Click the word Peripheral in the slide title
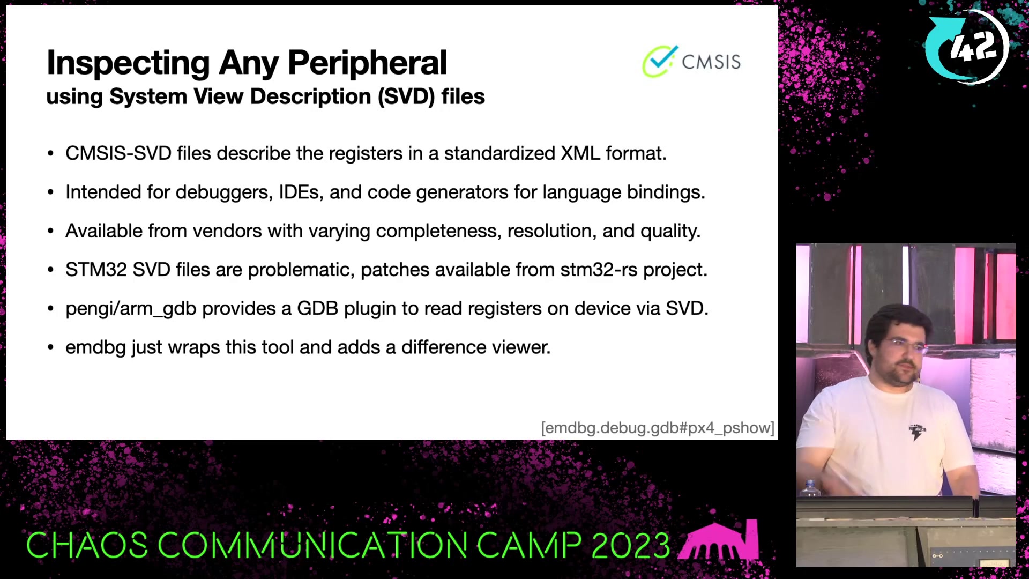pyautogui.click(x=367, y=63)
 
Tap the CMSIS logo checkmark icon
pyautogui.click(x=660, y=62)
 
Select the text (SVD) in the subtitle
pyautogui.click(x=406, y=97)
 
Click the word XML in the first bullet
pyautogui.click(x=580, y=153)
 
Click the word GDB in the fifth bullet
pyautogui.click(x=317, y=309)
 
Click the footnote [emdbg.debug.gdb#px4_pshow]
pyautogui.click(x=658, y=428)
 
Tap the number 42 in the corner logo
pyautogui.click(x=973, y=46)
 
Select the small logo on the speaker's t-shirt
pyautogui.click(x=917, y=431)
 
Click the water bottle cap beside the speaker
pyautogui.click(x=810, y=482)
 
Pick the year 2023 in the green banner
pyautogui.click(x=631, y=546)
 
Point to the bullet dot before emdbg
pyautogui.click(x=50, y=347)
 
